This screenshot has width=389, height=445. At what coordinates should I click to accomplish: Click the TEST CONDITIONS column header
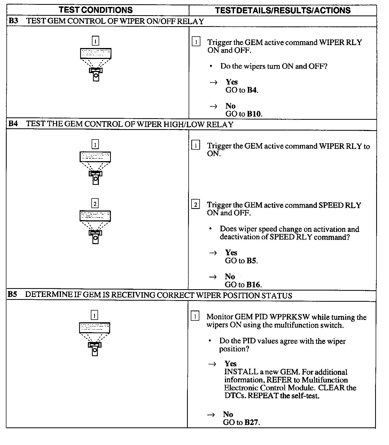(95, 10)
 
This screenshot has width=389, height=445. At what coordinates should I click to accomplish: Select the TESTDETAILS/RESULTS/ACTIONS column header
(283, 10)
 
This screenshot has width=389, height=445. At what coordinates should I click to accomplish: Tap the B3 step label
(13, 21)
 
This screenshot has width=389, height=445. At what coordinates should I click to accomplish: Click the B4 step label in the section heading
(13, 124)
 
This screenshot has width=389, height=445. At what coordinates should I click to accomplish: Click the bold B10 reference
(254, 114)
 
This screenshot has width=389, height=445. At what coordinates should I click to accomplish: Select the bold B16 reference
(253, 285)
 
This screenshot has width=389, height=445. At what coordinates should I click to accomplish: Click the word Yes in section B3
(232, 82)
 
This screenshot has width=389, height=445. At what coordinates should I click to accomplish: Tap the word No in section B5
(228, 414)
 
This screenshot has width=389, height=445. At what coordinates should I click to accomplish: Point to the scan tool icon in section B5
(95, 339)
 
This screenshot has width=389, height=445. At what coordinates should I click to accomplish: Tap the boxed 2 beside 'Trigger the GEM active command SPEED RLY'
(196, 205)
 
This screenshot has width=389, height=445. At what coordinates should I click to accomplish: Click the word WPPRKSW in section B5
(290, 317)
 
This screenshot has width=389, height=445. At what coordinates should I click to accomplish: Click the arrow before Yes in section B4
(213, 253)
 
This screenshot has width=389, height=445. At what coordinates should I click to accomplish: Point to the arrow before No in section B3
(213, 106)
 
